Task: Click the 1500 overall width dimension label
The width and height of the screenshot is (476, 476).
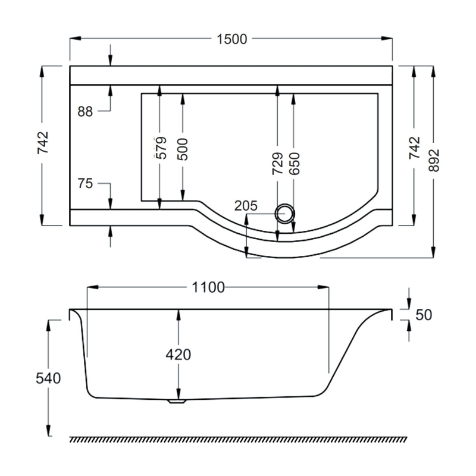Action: (x=231, y=39)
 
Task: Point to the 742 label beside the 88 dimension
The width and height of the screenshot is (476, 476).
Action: (x=43, y=143)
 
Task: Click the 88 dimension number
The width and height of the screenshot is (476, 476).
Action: (x=85, y=111)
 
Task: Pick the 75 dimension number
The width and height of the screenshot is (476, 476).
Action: (x=85, y=183)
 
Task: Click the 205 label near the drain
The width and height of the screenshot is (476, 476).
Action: (x=246, y=206)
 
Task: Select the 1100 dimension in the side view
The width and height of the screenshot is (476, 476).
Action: (x=208, y=288)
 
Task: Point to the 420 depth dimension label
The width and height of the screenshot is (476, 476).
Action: (x=178, y=355)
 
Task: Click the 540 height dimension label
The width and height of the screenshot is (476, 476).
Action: (x=49, y=378)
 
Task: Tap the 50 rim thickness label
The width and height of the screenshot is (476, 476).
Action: (x=423, y=315)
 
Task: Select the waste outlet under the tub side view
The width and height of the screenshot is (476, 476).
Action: (x=178, y=401)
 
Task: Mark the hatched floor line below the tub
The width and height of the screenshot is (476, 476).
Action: (x=238, y=439)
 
